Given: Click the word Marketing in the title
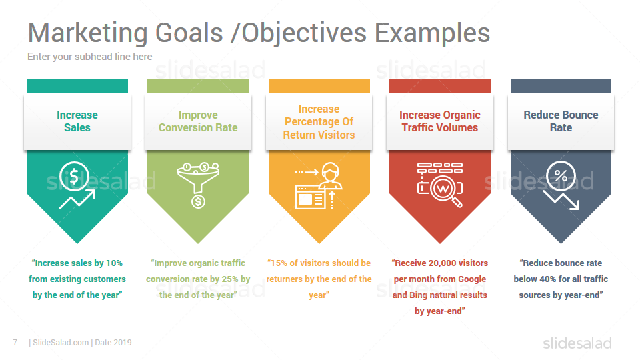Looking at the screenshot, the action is [x=88, y=33].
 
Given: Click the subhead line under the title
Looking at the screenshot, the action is [x=90, y=57].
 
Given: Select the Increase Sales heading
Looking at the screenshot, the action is [x=77, y=121].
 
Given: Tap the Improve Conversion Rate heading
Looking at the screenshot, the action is [x=198, y=121].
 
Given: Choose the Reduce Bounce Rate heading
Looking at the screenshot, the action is [x=561, y=121].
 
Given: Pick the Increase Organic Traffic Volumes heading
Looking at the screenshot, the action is [x=440, y=121].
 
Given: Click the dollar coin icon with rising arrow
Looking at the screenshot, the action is [x=77, y=185].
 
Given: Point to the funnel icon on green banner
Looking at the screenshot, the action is [x=198, y=185].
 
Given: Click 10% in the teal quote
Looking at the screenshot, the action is [x=114, y=263].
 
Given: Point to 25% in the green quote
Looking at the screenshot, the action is [x=230, y=279].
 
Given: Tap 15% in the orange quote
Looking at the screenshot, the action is [x=279, y=263].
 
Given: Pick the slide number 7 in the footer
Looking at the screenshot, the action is [x=15, y=343].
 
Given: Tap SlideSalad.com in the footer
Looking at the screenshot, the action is [x=61, y=343].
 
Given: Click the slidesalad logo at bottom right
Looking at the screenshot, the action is [x=577, y=343].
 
